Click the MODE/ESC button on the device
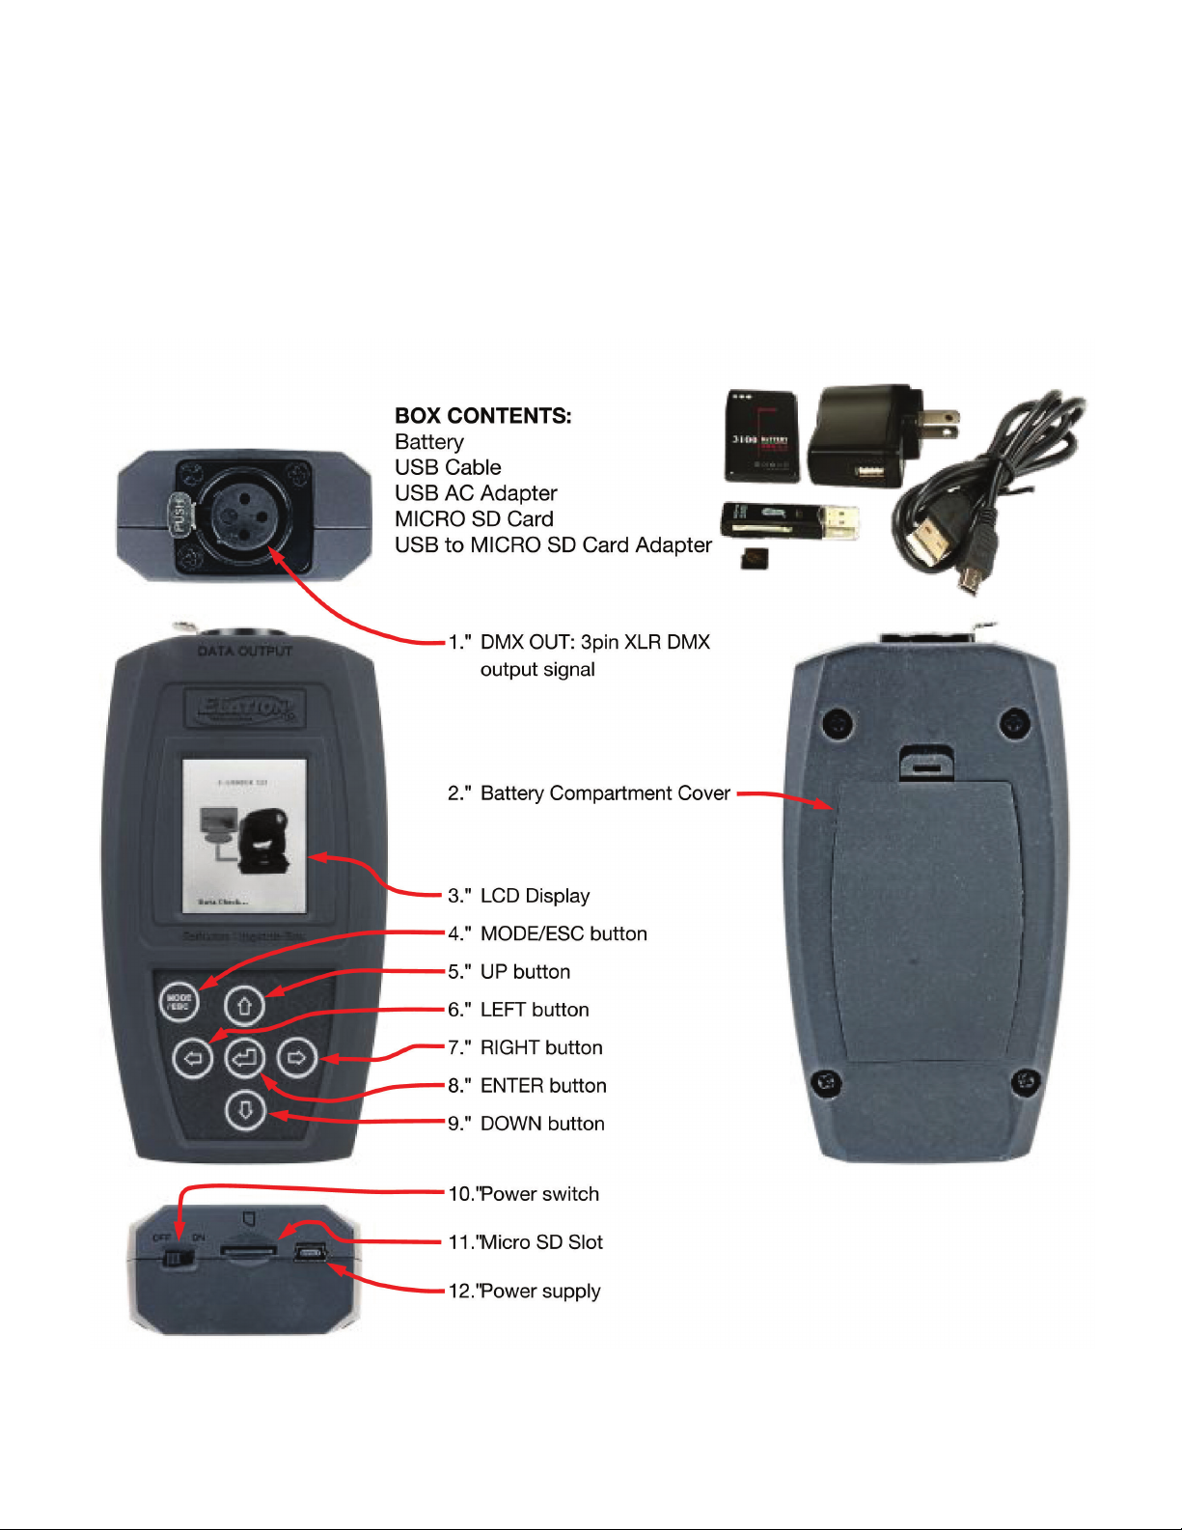tap(179, 1001)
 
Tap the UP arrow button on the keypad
tap(244, 1006)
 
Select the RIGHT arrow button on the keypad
tap(297, 1059)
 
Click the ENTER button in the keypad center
tap(244, 1059)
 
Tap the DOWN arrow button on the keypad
tap(244, 1111)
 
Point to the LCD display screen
tap(245, 836)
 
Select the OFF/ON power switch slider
tap(178, 1258)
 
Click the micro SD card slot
tap(249, 1250)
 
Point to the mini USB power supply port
tap(311, 1253)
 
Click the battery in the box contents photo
tap(761, 435)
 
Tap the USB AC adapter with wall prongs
tap(868, 434)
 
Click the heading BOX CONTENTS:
tap(482, 416)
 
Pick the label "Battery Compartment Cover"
tap(605, 793)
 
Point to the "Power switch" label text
tap(539, 1194)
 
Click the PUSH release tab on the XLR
tap(179, 515)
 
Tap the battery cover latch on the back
tap(926, 763)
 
